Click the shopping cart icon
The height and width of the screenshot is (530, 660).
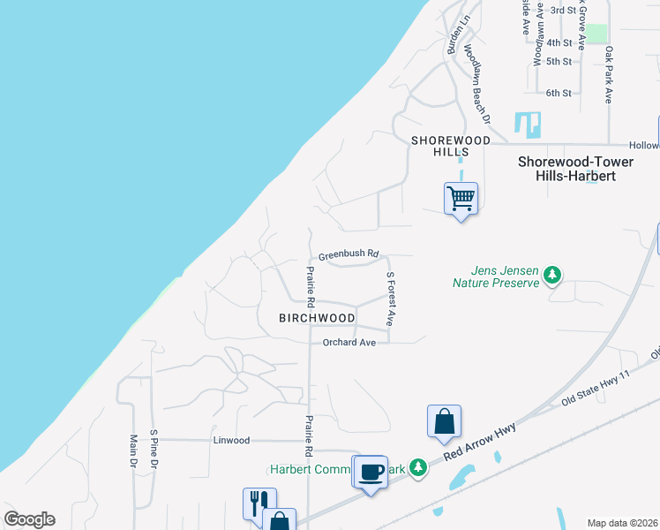point(461,198)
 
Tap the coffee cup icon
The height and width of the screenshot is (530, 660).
point(370,472)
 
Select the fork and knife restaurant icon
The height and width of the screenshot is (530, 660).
point(259,503)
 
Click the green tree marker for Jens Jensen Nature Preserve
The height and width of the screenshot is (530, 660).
point(552,276)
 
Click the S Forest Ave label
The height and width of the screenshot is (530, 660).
point(389,298)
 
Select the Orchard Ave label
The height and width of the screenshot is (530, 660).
point(349,342)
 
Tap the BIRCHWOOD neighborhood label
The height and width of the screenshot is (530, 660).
point(317,318)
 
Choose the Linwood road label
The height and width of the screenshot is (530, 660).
point(231,440)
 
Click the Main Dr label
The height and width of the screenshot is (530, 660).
point(134,450)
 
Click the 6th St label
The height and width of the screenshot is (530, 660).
point(559,93)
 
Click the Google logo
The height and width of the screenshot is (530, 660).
point(29,519)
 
